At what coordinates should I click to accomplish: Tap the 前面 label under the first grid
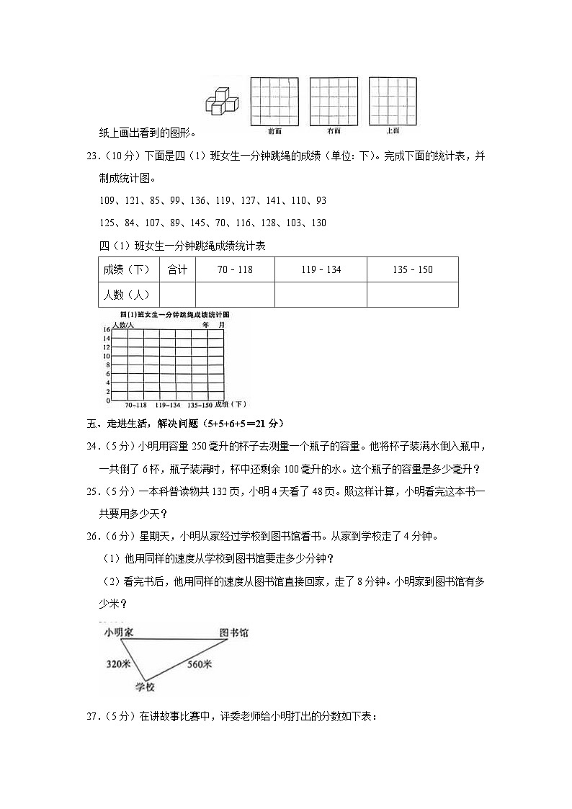coord(274,131)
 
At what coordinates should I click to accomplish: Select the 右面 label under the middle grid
coord(333,131)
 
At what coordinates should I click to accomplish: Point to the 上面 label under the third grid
coord(393,130)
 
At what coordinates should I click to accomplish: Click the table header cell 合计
coord(177,269)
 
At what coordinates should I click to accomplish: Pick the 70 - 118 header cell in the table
coord(235,269)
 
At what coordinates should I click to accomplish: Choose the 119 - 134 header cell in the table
coord(321,269)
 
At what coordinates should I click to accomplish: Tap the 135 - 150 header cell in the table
coord(412,269)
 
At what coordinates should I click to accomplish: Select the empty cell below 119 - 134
coord(321,294)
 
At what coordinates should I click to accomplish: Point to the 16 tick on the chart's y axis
coord(106,330)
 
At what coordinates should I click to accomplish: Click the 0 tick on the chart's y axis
coord(107,400)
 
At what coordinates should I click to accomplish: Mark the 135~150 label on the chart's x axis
coord(198,406)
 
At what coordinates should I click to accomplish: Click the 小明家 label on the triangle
coord(119,633)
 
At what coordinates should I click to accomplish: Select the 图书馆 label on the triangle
coord(234,633)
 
